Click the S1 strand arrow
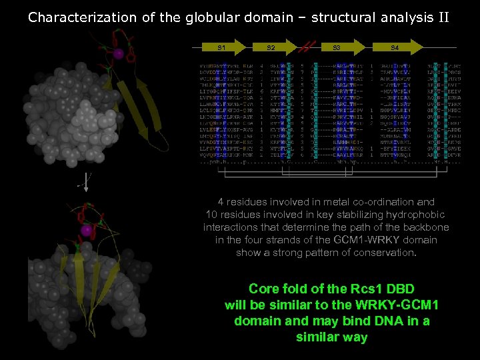point(222,47)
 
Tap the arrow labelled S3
point(337,47)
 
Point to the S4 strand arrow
point(395,47)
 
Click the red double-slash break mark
point(305,47)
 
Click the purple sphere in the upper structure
point(118,53)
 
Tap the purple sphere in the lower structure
point(86,230)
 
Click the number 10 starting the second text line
point(212,214)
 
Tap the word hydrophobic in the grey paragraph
point(421,214)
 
